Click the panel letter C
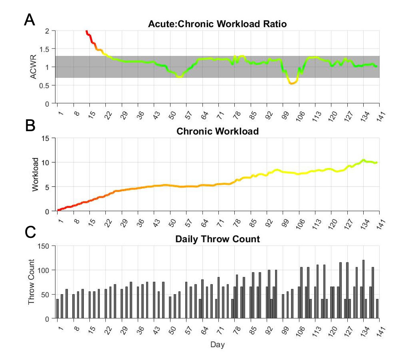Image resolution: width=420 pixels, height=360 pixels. click(x=30, y=232)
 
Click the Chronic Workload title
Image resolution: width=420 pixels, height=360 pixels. click(x=218, y=132)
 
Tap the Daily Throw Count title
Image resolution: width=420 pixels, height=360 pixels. click(x=218, y=239)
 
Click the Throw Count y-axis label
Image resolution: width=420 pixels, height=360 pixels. click(x=31, y=282)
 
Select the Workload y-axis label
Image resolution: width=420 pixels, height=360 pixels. click(x=35, y=175)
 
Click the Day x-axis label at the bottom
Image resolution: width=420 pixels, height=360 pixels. click(x=217, y=345)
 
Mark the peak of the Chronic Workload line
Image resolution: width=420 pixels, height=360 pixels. click(x=363, y=160)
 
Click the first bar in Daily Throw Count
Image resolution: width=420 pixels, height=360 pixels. click(x=57, y=309)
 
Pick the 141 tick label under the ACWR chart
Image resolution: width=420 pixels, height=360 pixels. click(x=380, y=116)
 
